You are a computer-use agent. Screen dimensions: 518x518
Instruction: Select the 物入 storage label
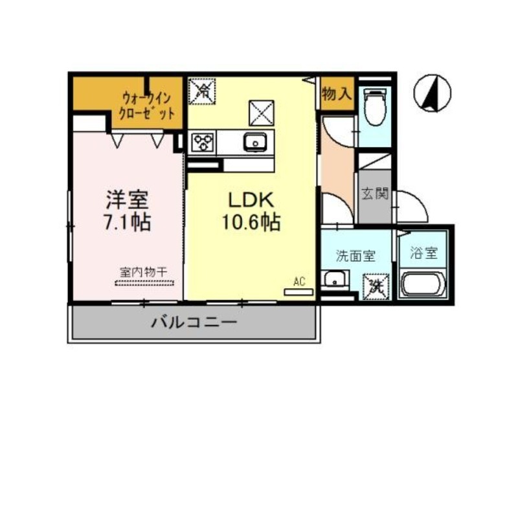[335, 95]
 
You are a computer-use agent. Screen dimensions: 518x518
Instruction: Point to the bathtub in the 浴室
[423, 284]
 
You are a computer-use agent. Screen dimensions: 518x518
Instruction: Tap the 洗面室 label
[355, 256]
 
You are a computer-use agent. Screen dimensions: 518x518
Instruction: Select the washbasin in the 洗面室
[335, 280]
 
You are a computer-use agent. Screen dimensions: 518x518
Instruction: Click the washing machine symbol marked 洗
[376, 286]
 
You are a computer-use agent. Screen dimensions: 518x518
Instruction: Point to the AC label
[299, 281]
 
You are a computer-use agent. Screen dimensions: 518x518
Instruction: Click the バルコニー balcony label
[195, 322]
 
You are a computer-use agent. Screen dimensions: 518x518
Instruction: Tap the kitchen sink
[256, 142]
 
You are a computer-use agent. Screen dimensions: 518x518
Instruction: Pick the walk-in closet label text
[148, 106]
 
